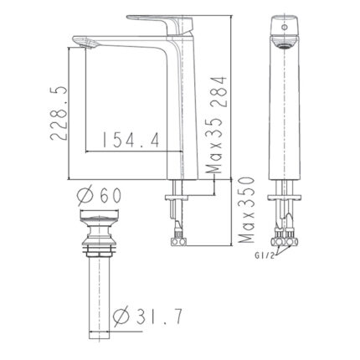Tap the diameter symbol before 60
pyautogui.click(x=85, y=194)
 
